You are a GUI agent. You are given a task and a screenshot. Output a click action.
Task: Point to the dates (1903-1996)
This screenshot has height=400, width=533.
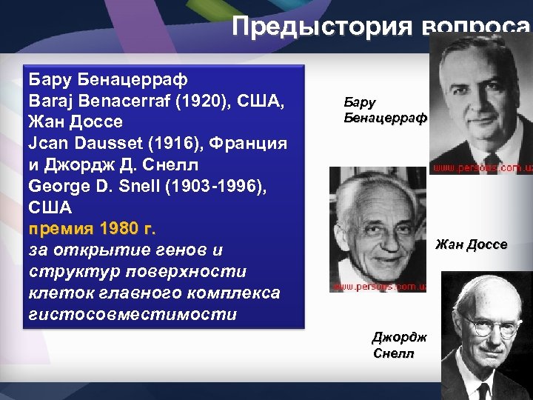215,183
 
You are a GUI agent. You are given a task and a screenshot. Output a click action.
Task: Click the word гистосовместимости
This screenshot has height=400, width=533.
131,313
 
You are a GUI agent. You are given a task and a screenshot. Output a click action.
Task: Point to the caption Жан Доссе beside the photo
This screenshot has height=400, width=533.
472,244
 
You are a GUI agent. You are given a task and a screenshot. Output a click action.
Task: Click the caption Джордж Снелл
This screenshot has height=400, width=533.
399,346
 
